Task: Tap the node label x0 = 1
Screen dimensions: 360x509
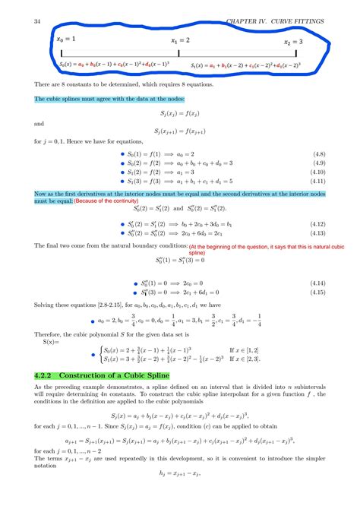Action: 66,38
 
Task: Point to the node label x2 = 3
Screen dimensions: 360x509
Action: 292,42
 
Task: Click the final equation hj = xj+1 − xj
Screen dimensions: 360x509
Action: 180,494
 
